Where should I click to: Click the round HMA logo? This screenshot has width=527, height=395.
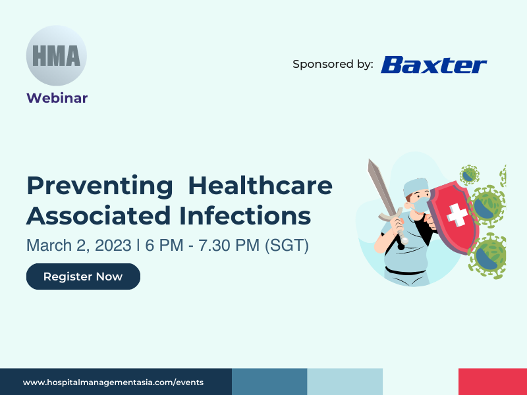tap(57, 55)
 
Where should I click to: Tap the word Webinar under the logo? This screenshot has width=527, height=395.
tap(57, 98)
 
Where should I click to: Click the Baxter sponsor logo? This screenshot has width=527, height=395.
tap(433, 65)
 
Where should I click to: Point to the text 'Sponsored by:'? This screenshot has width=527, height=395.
tap(333, 64)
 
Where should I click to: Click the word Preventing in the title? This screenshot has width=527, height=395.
tap(100, 186)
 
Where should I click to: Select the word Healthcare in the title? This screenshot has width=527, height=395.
tap(260, 185)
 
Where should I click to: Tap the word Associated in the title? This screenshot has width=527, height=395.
tap(98, 215)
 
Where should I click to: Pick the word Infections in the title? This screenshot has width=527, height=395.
tap(245, 215)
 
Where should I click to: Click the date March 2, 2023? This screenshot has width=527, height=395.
tap(79, 245)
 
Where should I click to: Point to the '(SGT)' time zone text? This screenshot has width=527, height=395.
tap(287, 246)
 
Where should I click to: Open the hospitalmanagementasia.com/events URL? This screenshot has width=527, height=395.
tap(113, 382)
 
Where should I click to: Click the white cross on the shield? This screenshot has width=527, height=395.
tap(457, 215)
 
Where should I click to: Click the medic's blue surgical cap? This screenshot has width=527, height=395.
tap(416, 187)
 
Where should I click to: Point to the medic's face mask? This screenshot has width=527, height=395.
tap(421, 205)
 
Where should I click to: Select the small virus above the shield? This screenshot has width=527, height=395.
tap(469, 175)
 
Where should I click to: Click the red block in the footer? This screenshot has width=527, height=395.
tap(493, 382)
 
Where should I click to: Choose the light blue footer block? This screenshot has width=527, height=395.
tap(345, 382)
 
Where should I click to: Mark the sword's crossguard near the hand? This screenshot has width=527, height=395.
tap(391, 216)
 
